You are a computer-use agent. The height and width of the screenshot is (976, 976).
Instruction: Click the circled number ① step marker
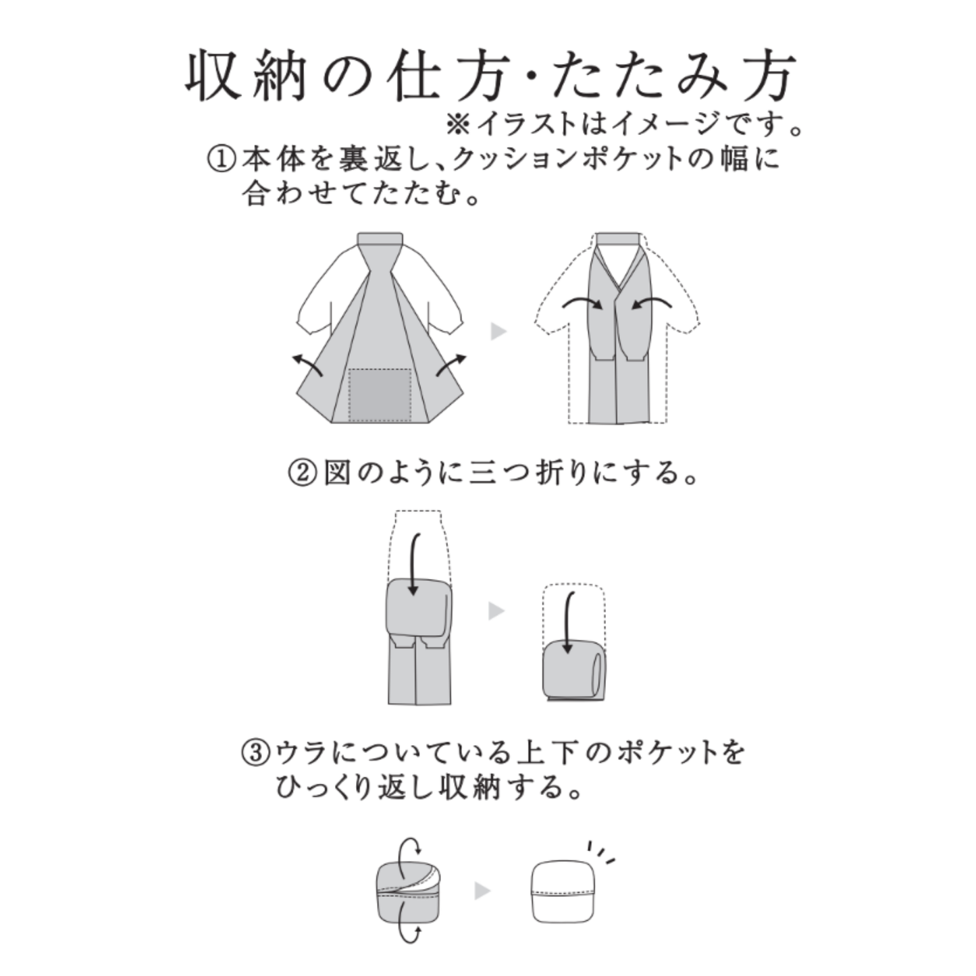point(221,160)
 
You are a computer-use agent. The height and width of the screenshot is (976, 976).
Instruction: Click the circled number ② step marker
point(301,473)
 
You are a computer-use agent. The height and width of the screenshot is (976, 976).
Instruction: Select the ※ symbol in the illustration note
point(458,124)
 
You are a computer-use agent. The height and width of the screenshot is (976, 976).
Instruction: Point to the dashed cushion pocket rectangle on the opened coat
point(380,394)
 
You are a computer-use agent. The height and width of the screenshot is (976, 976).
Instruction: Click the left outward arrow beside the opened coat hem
point(307,365)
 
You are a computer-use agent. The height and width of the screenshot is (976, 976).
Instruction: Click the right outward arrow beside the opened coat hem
point(451,365)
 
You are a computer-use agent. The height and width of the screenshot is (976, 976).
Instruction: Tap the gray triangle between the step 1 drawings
point(498,331)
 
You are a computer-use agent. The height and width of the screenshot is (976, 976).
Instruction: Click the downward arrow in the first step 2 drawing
point(413,564)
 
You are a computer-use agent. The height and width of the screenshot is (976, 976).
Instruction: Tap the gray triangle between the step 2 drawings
point(496,611)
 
